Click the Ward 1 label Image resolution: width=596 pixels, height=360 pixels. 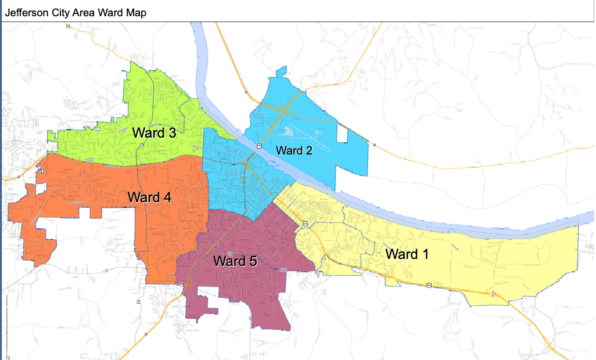tap(407, 254)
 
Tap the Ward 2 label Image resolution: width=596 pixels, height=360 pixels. tap(294, 150)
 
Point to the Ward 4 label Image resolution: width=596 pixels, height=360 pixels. tap(150, 197)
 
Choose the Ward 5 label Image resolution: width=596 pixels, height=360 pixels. tap(236, 261)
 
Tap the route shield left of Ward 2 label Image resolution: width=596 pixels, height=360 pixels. tap(259, 146)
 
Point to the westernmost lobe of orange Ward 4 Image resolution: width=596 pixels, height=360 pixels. tap(15, 213)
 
